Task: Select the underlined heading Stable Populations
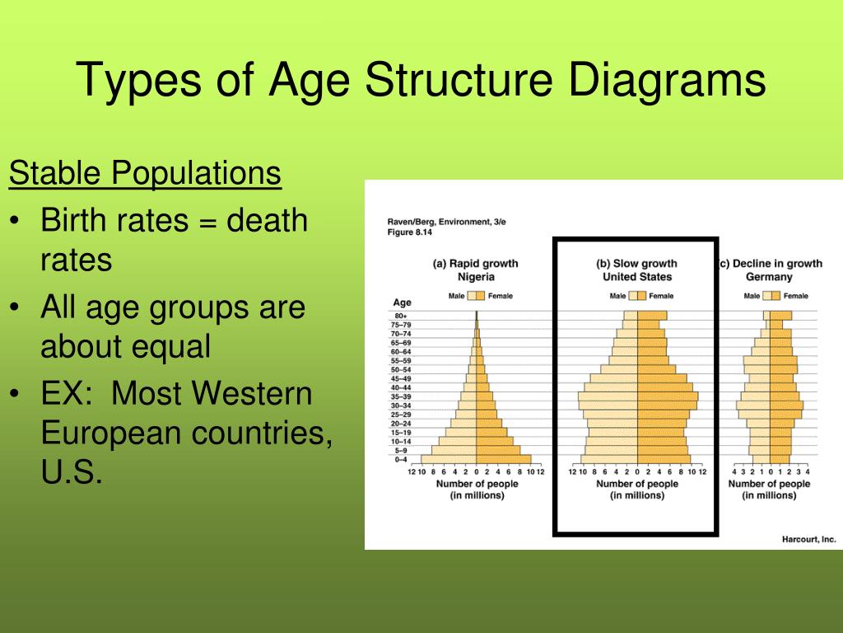tap(145, 174)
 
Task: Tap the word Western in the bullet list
tap(254, 394)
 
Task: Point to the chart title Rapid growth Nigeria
tap(476, 270)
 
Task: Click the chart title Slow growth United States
tap(636, 270)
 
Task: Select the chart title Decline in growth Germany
tap(771, 270)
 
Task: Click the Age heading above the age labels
tap(402, 302)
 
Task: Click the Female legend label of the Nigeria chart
tap(500, 296)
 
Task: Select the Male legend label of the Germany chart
tap(752, 296)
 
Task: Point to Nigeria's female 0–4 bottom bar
tap(504, 460)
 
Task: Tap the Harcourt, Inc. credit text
tap(808, 539)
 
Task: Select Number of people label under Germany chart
tap(769, 484)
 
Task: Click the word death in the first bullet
tap(267, 221)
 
